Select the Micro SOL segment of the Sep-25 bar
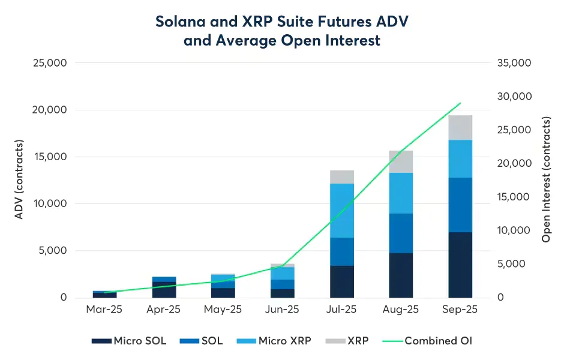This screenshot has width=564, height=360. [460, 265]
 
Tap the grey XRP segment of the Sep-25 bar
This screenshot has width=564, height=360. [460, 127]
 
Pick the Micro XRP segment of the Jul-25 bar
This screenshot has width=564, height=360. [342, 211]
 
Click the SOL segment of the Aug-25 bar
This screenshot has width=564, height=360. [401, 233]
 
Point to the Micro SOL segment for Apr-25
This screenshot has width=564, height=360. [164, 290]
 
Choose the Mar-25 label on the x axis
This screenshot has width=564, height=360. [104, 310]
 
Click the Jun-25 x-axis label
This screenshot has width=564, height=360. [283, 310]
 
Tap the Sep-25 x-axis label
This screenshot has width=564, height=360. [460, 310]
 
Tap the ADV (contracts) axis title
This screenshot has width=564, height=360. [19, 180]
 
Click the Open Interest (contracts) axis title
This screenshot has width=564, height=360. [546, 180]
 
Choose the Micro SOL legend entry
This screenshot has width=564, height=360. [129, 341]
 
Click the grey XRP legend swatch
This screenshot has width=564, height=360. [334, 341]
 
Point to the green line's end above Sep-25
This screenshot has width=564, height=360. [460, 103]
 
